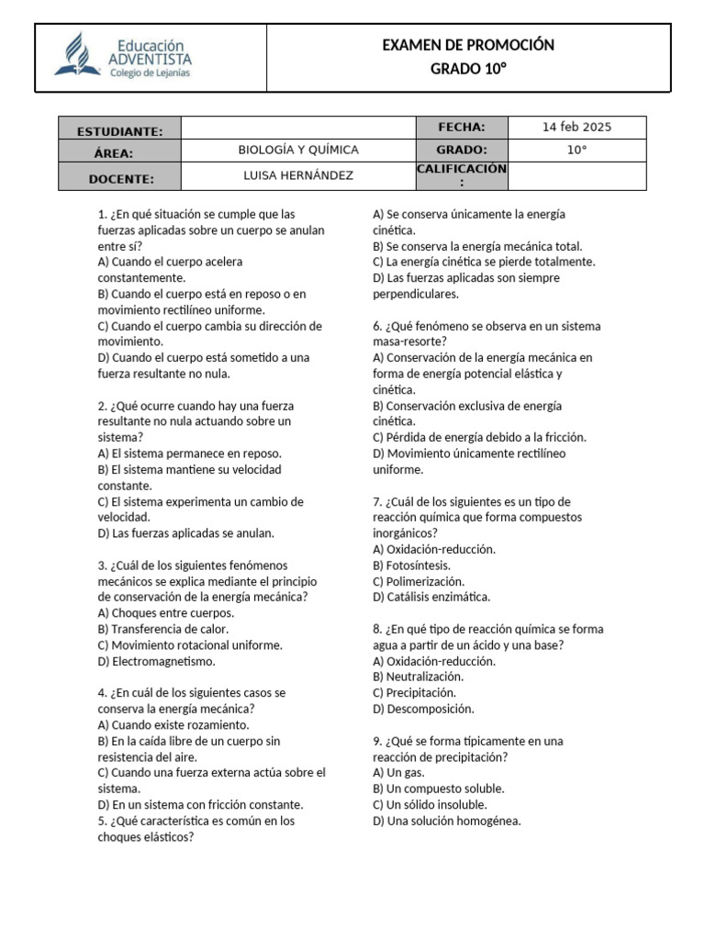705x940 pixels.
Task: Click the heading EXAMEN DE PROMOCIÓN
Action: coord(467,45)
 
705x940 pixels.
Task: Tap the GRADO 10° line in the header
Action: coord(467,70)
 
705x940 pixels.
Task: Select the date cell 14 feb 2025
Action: coord(576,128)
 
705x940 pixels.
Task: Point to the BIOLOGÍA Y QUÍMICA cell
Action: coord(298,150)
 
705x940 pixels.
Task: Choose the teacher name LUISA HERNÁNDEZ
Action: coord(298,175)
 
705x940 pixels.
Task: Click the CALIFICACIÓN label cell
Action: coord(462,174)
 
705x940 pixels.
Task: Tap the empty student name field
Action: coord(298,128)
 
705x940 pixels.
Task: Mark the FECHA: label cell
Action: coord(462,128)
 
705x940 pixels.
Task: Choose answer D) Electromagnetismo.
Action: coord(157,661)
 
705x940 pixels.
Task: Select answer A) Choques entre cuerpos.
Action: coord(165,612)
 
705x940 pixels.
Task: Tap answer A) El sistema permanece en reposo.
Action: coord(190,453)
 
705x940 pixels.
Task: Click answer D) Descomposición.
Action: coord(423,709)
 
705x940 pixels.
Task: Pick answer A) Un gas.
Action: coord(398,772)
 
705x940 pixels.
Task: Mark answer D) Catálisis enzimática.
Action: coord(431,597)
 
